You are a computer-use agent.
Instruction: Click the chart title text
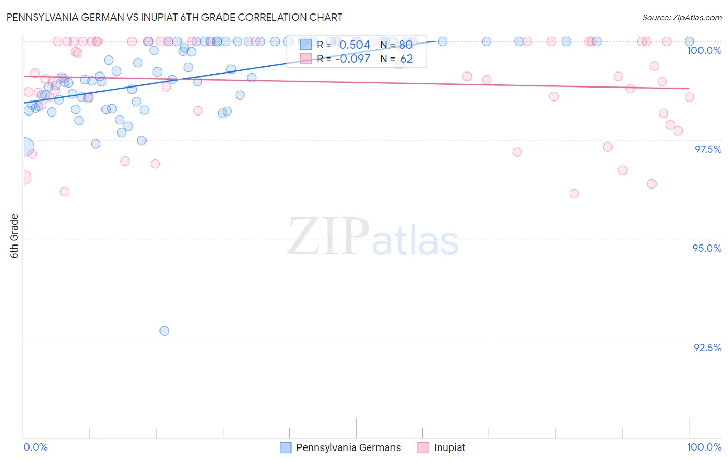(174, 17)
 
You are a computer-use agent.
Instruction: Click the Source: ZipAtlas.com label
(681, 18)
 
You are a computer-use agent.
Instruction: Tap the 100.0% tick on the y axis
(704, 50)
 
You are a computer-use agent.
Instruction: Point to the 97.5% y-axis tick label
(707, 149)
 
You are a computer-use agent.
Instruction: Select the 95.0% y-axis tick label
(707, 248)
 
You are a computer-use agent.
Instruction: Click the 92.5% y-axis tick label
(707, 348)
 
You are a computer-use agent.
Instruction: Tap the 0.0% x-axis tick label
(35, 447)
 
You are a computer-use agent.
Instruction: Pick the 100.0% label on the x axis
(704, 447)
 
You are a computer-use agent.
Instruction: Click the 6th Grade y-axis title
(14, 236)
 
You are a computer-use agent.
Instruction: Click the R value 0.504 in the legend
(355, 45)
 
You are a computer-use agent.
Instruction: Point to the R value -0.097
(353, 59)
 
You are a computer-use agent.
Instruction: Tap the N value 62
(406, 59)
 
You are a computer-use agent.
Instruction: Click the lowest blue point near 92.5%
(164, 330)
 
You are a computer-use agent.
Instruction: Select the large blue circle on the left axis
(24, 148)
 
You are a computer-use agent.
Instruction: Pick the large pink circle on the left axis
(24, 178)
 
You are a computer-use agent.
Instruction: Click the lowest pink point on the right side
(574, 193)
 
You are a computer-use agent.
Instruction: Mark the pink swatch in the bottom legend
(423, 447)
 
